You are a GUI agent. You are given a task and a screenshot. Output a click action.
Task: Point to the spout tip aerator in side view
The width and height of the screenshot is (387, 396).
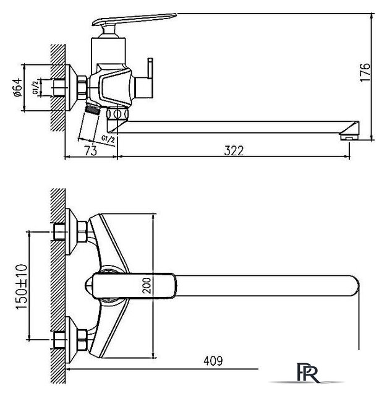tap(350, 131)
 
